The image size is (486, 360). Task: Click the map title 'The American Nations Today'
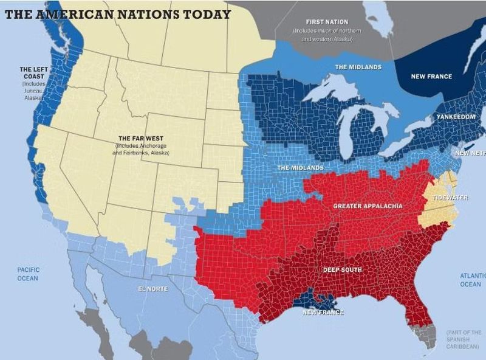pyautogui.click(x=118, y=13)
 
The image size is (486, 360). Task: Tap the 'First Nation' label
pyautogui.click(x=327, y=22)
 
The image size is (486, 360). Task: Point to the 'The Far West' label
pyautogui.click(x=141, y=139)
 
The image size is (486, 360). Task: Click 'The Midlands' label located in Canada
pyautogui.click(x=358, y=67)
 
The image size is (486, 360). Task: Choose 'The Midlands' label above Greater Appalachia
pyautogui.click(x=300, y=167)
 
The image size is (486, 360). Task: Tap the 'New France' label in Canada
pyautogui.click(x=431, y=76)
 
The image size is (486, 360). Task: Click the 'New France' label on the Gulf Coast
pyautogui.click(x=323, y=312)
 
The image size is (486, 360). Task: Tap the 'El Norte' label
pyautogui.click(x=152, y=288)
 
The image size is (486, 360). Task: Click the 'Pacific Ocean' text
pyautogui.click(x=28, y=274)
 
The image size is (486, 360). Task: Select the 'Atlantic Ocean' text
pyautogui.click(x=471, y=280)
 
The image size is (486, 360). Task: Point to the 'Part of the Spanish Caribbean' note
pyautogui.click(x=464, y=339)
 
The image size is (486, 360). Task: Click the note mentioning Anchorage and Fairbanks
pyautogui.click(x=141, y=150)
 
